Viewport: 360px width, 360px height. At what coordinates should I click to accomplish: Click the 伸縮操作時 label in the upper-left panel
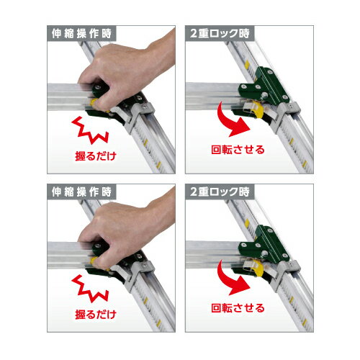pos(81,33)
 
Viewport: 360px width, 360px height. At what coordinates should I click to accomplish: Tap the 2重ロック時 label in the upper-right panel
pos(220,33)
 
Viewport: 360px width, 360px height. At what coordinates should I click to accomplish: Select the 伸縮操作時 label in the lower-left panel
pos(81,192)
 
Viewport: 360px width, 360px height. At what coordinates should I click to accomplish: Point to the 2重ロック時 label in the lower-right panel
pos(220,192)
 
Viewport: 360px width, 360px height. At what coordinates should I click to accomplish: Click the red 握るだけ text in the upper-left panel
pos(96,156)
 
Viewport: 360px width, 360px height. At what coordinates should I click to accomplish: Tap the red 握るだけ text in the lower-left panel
pos(96,315)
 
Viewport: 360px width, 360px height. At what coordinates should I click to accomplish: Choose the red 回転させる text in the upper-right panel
pos(238,150)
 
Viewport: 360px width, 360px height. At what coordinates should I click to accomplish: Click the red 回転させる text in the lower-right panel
pos(238,308)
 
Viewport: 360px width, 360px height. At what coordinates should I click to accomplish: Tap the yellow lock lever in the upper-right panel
pos(258,109)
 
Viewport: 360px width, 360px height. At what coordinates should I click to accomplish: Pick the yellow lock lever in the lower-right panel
pos(258,268)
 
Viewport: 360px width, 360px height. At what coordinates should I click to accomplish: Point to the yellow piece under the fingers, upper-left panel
pos(94,102)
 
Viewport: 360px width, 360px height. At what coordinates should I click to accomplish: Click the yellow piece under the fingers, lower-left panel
pos(94,260)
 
